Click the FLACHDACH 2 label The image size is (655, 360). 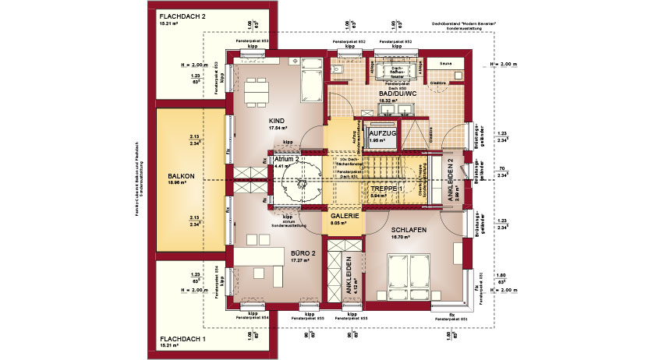coord(182,16)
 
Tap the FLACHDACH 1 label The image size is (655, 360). coord(182,339)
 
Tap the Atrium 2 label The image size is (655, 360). coord(287,158)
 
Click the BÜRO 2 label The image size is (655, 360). coord(280,253)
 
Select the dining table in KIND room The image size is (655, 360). coord(255,95)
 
